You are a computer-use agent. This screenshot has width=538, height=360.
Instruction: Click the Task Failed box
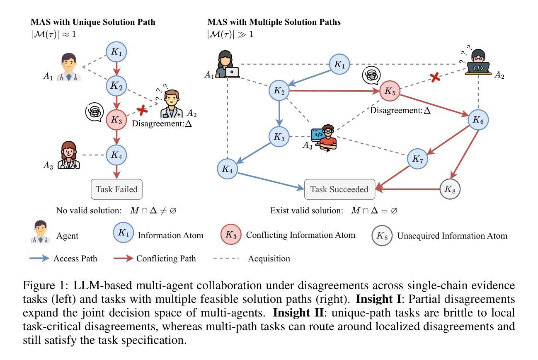coord(116,189)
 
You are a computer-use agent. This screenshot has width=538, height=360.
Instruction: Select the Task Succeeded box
coord(339,189)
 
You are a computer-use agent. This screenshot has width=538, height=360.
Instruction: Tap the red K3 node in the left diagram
coord(116,120)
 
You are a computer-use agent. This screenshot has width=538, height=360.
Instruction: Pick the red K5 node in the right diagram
coord(390,91)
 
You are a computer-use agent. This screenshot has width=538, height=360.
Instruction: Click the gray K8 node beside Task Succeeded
coord(450,189)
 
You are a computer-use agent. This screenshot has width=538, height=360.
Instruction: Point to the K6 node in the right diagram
coord(478,120)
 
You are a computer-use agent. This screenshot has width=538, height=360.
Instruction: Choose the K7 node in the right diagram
coord(418,159)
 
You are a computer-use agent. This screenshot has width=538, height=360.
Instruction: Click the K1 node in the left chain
coord(116,52)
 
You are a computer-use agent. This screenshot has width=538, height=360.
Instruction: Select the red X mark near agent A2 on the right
coord(435,77)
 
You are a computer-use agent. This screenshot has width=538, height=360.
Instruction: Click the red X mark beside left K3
coord(143,109)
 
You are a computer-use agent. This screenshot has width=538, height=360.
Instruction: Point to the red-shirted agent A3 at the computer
coord(325,138)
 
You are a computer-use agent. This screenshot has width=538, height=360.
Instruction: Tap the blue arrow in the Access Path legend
coord(40,259)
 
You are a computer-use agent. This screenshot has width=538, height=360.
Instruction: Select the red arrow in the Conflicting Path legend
coord(123,259)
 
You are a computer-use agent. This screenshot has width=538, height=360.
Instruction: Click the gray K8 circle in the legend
coord(381,236)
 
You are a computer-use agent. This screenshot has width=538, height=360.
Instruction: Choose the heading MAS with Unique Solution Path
coord(93,22)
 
